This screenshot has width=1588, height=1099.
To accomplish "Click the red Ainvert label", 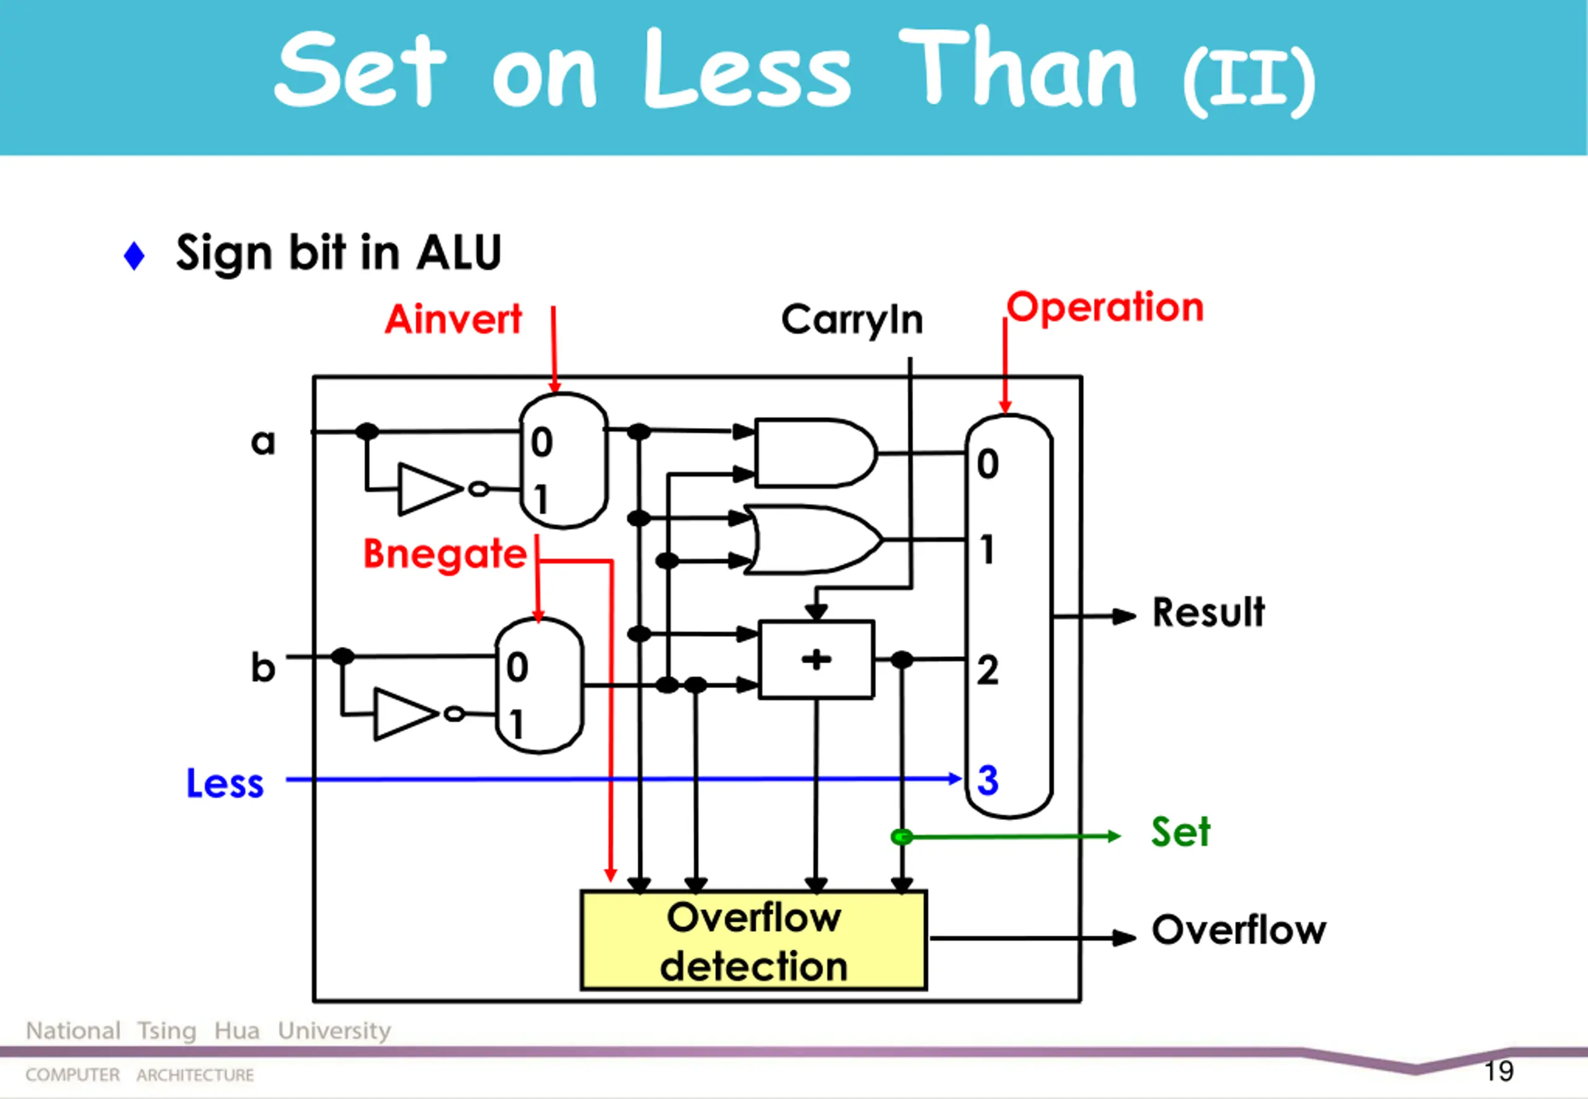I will coord(453,320).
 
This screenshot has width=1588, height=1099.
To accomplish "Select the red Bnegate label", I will coord(445,554).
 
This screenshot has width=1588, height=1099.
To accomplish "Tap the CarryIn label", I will coord(852,320).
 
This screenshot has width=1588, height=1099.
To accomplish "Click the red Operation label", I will coord(1105,308).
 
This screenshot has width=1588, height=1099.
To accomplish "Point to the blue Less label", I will coord(225,783).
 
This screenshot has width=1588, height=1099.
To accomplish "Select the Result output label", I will coord(1208,612).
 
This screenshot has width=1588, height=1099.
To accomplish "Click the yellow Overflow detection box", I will coord(754,941).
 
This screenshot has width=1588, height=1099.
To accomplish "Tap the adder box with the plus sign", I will coord(816,660).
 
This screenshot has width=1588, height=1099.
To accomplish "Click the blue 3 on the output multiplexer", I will coord(988,780).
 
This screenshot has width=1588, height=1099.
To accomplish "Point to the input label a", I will coord(262,442).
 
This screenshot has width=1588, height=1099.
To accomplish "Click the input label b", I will coord(262,667).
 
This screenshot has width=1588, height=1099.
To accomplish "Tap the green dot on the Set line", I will coord(901,837).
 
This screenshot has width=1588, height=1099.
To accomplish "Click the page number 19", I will coord(1499,1070).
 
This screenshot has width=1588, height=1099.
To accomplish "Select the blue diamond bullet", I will coord(133,256).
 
